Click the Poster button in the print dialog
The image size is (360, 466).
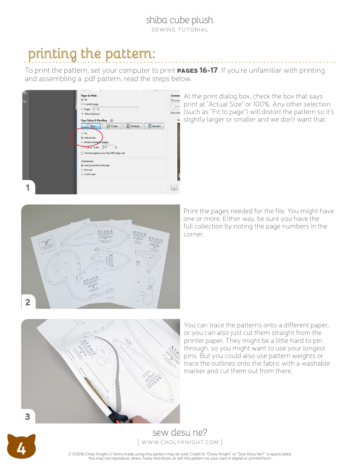pos(112,126)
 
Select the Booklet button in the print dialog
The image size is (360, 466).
pos(154,126)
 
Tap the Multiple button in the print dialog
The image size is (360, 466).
pos(133,126)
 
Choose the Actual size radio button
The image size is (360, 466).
pos(82,138)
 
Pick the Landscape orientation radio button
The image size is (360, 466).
pos(82,174)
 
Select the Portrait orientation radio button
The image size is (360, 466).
pos(82,170)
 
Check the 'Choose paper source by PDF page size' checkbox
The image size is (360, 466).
pos(82,153)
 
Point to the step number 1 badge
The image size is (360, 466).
pos(28,188)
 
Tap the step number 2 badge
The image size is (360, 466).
pos(28,302)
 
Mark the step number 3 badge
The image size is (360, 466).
pos(28,416)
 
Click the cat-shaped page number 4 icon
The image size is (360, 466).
pos(21,449)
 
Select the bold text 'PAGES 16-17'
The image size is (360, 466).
pos(197,70)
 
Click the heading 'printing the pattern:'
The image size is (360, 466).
pos(91,54)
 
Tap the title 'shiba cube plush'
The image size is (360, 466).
pos(180,20)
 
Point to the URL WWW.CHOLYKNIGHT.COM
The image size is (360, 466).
pos(180,442)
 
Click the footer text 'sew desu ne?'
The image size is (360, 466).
pos(180,432)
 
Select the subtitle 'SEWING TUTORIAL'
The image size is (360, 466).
pos(180,30)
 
